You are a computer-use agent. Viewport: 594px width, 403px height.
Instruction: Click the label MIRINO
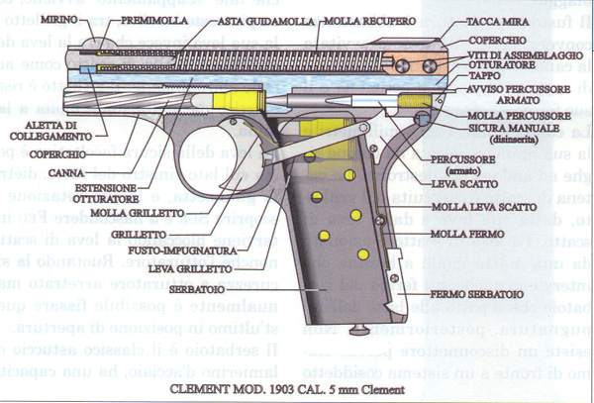pos(33,20)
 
